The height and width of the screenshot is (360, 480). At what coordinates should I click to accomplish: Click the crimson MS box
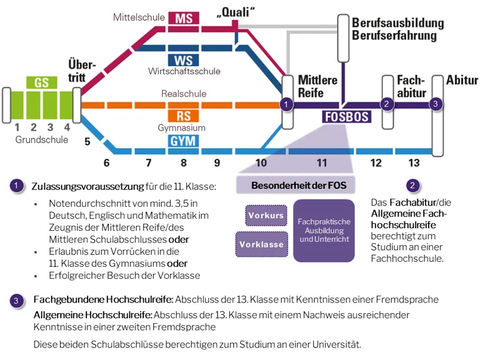[x=183, y=18]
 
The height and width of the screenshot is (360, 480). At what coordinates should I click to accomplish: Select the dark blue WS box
[x=183, y=60]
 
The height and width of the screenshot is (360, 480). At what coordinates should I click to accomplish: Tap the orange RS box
[x=183, y=116]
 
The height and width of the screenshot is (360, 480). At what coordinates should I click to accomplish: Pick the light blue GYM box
[x=183, y=141]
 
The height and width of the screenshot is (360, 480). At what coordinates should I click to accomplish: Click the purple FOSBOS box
[x=347, y=117]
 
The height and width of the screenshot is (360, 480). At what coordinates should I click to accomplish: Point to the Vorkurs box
[x=266, y=215]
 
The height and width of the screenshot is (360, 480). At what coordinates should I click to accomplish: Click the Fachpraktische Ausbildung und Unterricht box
[x=324, y=231]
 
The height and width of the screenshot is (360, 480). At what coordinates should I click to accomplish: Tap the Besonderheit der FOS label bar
[x=298, y=186]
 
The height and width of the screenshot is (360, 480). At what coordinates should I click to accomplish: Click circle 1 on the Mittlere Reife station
[x=286, y=104]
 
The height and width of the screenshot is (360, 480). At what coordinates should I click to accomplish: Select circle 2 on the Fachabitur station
[x=387, y=104]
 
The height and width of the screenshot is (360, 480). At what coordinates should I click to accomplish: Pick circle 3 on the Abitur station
[x=436, y=104]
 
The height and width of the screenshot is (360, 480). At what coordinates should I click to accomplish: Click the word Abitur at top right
[x=462, y=81]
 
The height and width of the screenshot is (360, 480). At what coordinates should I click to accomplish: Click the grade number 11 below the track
[x=321, y=163]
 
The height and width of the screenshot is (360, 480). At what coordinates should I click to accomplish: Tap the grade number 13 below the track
[x=414, y=163]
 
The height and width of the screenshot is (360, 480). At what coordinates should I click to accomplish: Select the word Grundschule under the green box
[x=42, y=139]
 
